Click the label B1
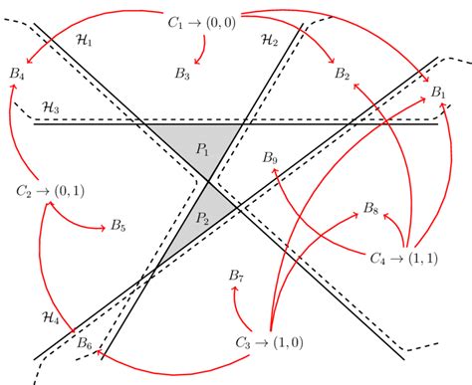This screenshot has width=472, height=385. click(x=438, y=93)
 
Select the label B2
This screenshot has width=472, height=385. click(x=342, y=74)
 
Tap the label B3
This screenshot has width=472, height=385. click(x=181, y=73)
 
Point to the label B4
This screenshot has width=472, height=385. click(x=16, y=73)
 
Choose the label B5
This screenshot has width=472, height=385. click(x=118, y=227)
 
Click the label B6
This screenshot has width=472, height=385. click(x=85, y=344)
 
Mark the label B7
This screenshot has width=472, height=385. click(x=236, y=275)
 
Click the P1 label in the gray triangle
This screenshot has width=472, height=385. click(x=203, y=149)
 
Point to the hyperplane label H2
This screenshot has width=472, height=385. click(x=268, y=40)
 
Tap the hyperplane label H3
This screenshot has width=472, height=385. click(x=50, y=105)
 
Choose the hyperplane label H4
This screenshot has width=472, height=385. click(x=50, y=317)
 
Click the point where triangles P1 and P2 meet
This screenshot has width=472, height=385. click(x=208, y=180)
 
